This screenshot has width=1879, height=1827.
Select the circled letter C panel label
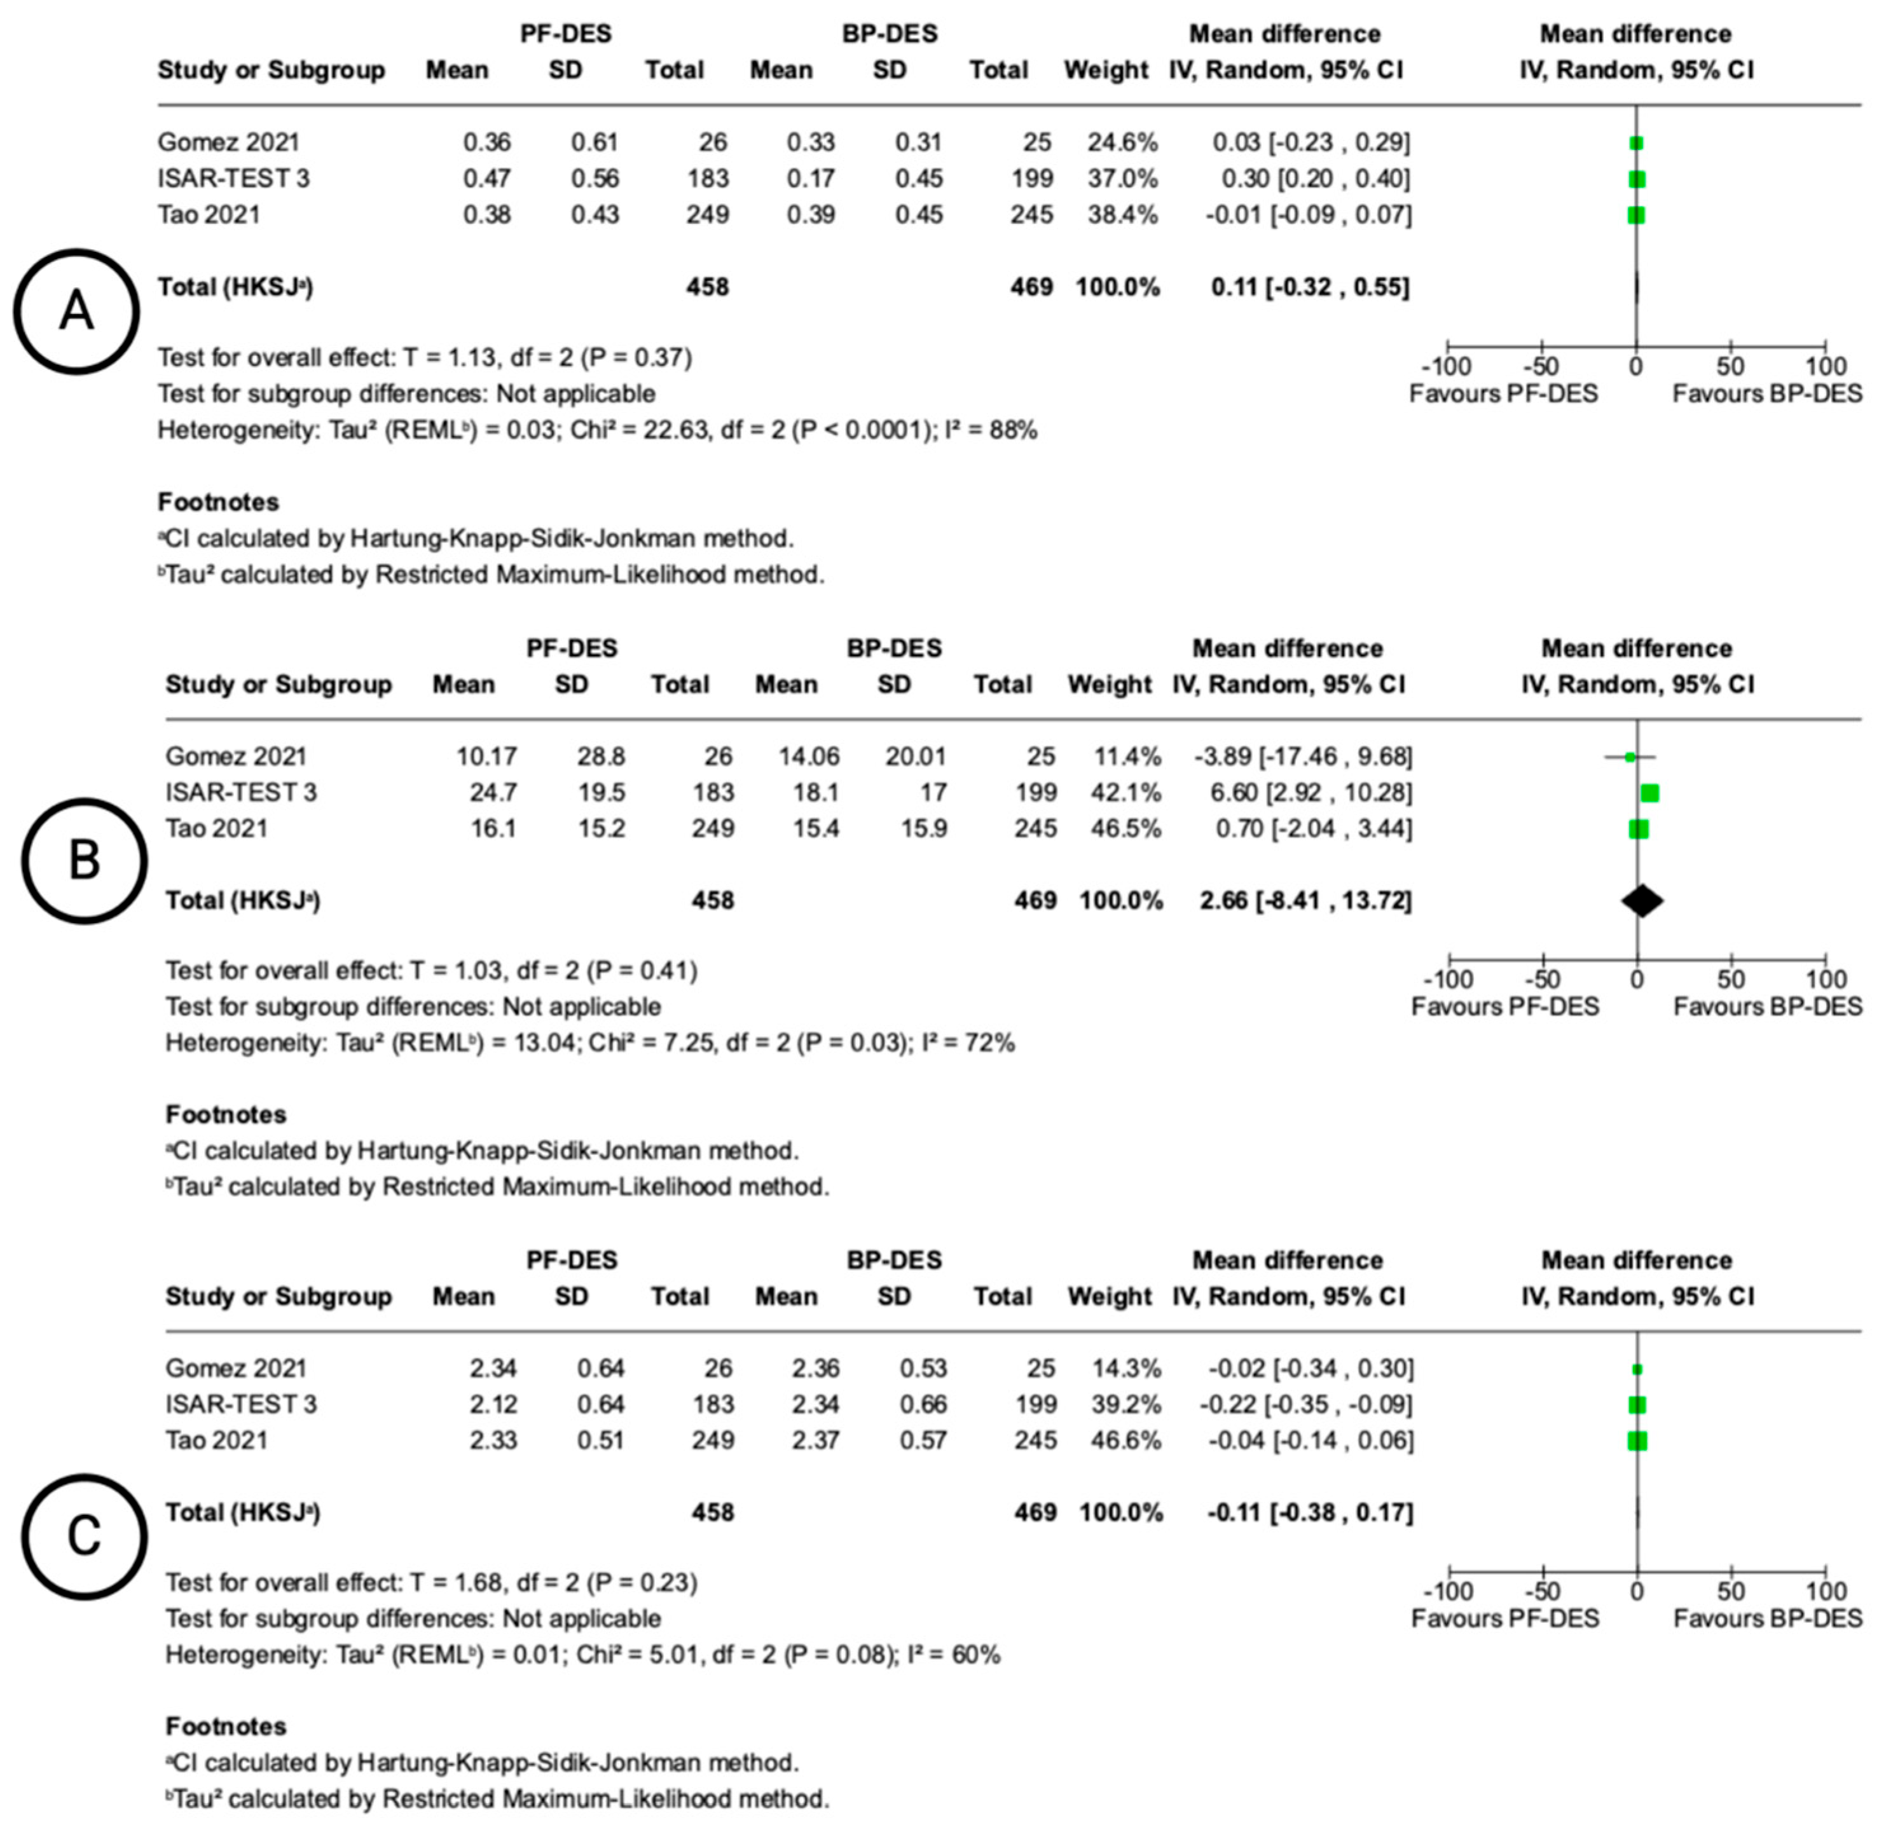pos(85,1536)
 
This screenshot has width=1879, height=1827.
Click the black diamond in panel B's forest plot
pos(1642,900)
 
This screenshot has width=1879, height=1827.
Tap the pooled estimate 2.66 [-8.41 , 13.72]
pos(1305,900)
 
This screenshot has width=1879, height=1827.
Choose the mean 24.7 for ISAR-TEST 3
pos(493,793)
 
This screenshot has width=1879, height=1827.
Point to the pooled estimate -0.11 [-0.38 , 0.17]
pos(1310,1512)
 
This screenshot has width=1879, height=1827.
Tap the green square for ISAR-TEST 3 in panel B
pos(1649,793)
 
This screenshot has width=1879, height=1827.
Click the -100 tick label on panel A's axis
pos(1445,367)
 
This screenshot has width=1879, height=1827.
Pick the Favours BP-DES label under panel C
pos(1766,1618)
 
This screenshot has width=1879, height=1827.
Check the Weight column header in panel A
pos(1106,70)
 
